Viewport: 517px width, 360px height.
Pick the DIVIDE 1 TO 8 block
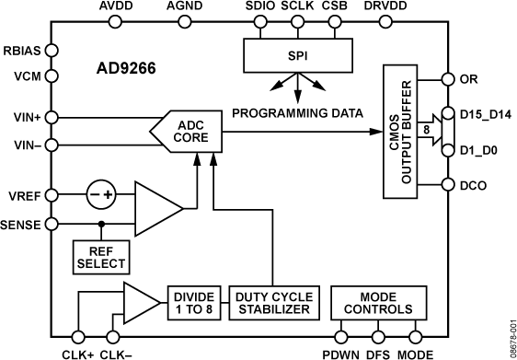point(192,303)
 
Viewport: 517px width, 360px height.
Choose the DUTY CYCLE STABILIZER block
point(272,303)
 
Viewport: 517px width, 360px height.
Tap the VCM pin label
point(20,78)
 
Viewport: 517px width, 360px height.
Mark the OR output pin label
point(468,79)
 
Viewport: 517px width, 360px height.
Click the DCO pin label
point(472,185)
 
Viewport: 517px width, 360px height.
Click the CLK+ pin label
point(76,351)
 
